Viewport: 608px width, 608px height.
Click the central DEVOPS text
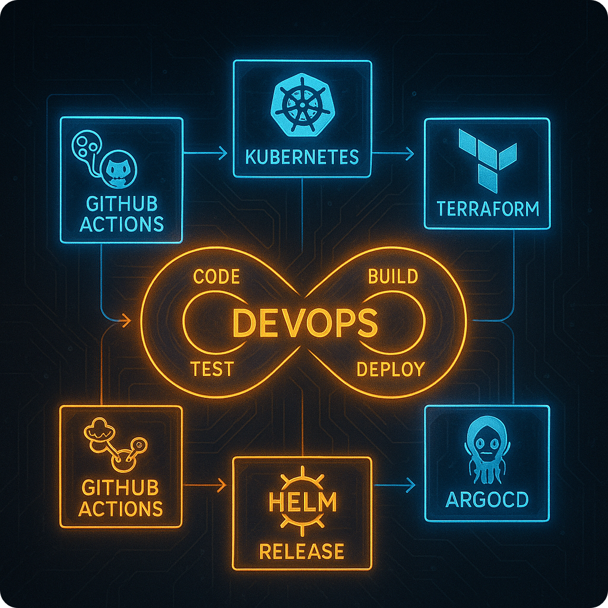tap(304, 324)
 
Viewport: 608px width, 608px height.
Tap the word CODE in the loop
tap(217, 277)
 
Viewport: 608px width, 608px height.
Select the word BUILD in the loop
tap(392, 277)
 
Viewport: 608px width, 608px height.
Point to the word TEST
tap(212, 369)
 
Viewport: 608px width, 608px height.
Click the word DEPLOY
tap(390, 369)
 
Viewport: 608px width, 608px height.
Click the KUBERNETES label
tap(302, 157)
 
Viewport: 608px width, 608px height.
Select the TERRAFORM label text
tap(487, 208)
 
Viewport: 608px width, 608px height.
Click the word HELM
tap(302, 502)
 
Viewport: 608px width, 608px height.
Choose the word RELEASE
tap(302, 551)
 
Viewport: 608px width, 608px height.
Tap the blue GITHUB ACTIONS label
tap(122, 214)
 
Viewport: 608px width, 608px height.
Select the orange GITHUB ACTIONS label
tap(121, 498)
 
